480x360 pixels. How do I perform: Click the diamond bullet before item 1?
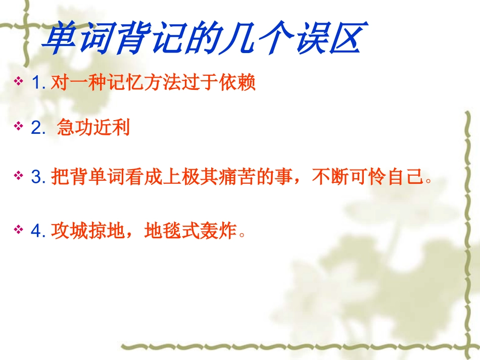[x=19, y=81]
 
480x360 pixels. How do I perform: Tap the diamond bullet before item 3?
[x=19, y=175]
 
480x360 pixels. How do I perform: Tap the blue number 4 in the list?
[x=36, y=232]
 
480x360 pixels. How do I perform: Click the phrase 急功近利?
[x=93, y=128]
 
